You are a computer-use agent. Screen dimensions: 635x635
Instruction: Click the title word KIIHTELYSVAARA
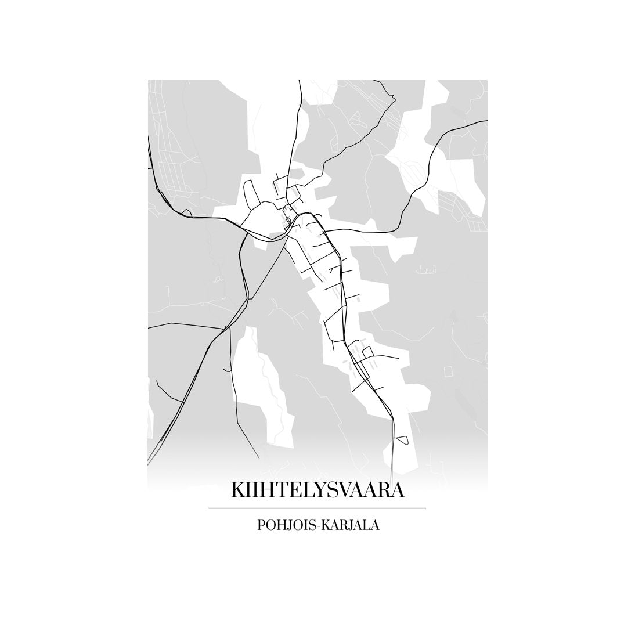pos(317,490)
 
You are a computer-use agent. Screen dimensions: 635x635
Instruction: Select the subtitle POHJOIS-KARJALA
pos(317,526)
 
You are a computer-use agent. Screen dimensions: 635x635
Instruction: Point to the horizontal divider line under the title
pos(317,508)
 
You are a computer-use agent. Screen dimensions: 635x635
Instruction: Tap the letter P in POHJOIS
pos(260,526)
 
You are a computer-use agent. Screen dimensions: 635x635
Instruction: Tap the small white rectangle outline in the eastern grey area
pos(448,370)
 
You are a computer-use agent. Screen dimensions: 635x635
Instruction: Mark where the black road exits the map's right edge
pos(486,121)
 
